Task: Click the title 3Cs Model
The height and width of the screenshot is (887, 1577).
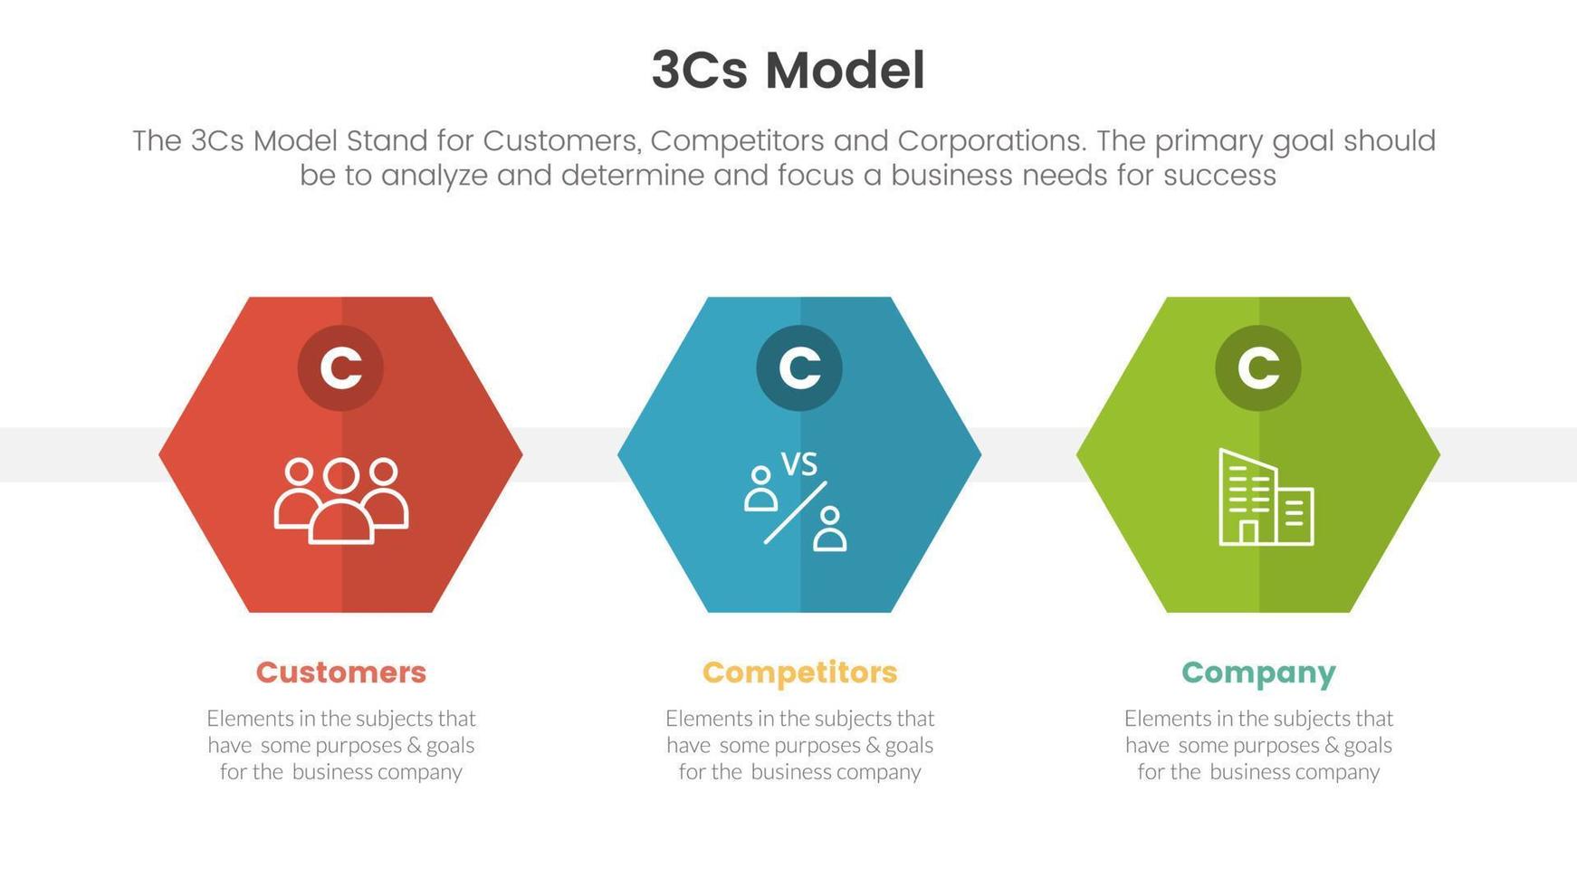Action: click(788, 71)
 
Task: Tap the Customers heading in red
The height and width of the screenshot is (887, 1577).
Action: click(340, 672)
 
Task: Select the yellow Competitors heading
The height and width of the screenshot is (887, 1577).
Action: click(799, 672)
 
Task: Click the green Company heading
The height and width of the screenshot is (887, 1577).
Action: click(1258, 672)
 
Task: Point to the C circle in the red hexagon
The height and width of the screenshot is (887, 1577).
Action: click(340, 367)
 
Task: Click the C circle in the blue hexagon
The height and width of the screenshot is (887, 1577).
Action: click(799, 367)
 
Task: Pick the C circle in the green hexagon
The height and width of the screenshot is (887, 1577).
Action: click(1258, 367)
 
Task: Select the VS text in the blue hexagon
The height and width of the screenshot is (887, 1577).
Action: click(798, 464)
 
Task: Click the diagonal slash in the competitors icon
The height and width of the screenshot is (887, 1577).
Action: click(795, 512)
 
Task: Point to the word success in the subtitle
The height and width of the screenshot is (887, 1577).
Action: click(1219, 175)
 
